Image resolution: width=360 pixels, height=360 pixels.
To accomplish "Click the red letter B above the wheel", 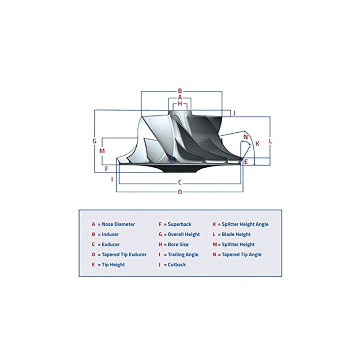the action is point(180,90).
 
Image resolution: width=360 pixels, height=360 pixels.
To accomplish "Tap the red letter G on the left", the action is point(94,141).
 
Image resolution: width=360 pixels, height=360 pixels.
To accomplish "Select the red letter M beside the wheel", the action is point(102,151).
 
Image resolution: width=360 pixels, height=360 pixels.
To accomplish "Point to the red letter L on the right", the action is point(270,141).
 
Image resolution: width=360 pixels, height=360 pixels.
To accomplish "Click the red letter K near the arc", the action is point(257,144).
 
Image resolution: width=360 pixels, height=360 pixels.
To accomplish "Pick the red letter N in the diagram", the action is point(245,137).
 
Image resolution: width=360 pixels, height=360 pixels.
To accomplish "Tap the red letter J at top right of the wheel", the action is point(234,112).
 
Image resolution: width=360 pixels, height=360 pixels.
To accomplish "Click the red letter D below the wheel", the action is point(180,192).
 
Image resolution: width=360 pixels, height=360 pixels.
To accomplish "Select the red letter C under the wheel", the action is point(180,183).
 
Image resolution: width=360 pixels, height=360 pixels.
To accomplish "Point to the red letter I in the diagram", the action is point(112,179).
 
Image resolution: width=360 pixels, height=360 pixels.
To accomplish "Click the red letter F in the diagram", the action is point(107,169).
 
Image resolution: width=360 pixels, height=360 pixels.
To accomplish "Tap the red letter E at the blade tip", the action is point(246,161).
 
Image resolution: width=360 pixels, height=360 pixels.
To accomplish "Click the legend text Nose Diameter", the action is point(118,224).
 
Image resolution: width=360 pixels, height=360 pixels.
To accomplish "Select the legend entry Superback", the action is point(180,224).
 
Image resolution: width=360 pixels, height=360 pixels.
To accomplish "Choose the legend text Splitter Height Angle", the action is point(243,224).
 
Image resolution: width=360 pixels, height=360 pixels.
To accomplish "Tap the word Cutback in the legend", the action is point(177,265).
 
